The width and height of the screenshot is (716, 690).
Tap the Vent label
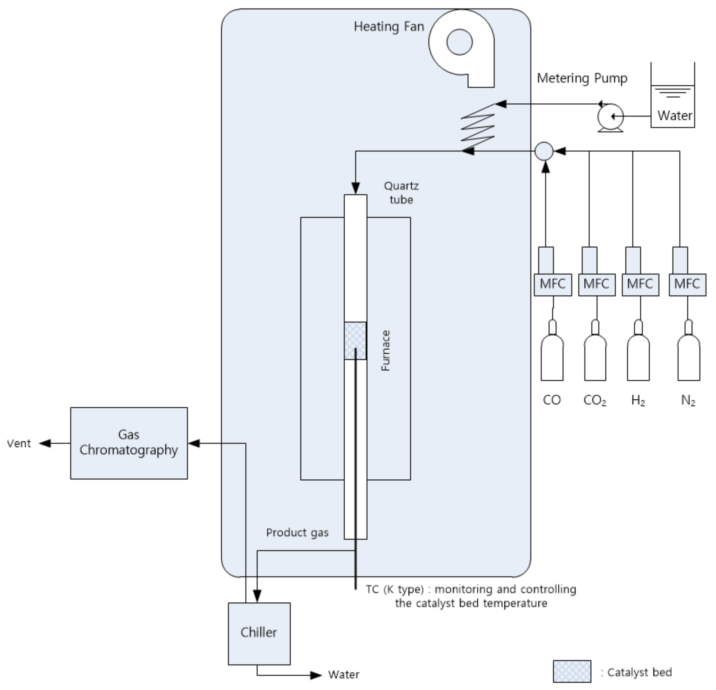coord(19,444)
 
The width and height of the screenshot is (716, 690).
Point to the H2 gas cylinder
coord(638,358)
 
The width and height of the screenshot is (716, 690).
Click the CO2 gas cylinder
coord(595,358)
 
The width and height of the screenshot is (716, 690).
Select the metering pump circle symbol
coord(610,117)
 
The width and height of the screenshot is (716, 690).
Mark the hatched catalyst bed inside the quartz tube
coord(355,341)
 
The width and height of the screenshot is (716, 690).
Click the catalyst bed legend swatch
coord(572,671)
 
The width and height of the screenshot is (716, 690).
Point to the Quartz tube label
coord(401,193)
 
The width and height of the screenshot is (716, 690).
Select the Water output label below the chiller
coord(343,675)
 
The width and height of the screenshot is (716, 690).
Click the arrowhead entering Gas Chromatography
coord(194,444)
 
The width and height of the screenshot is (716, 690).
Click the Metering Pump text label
coord(582,78)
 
